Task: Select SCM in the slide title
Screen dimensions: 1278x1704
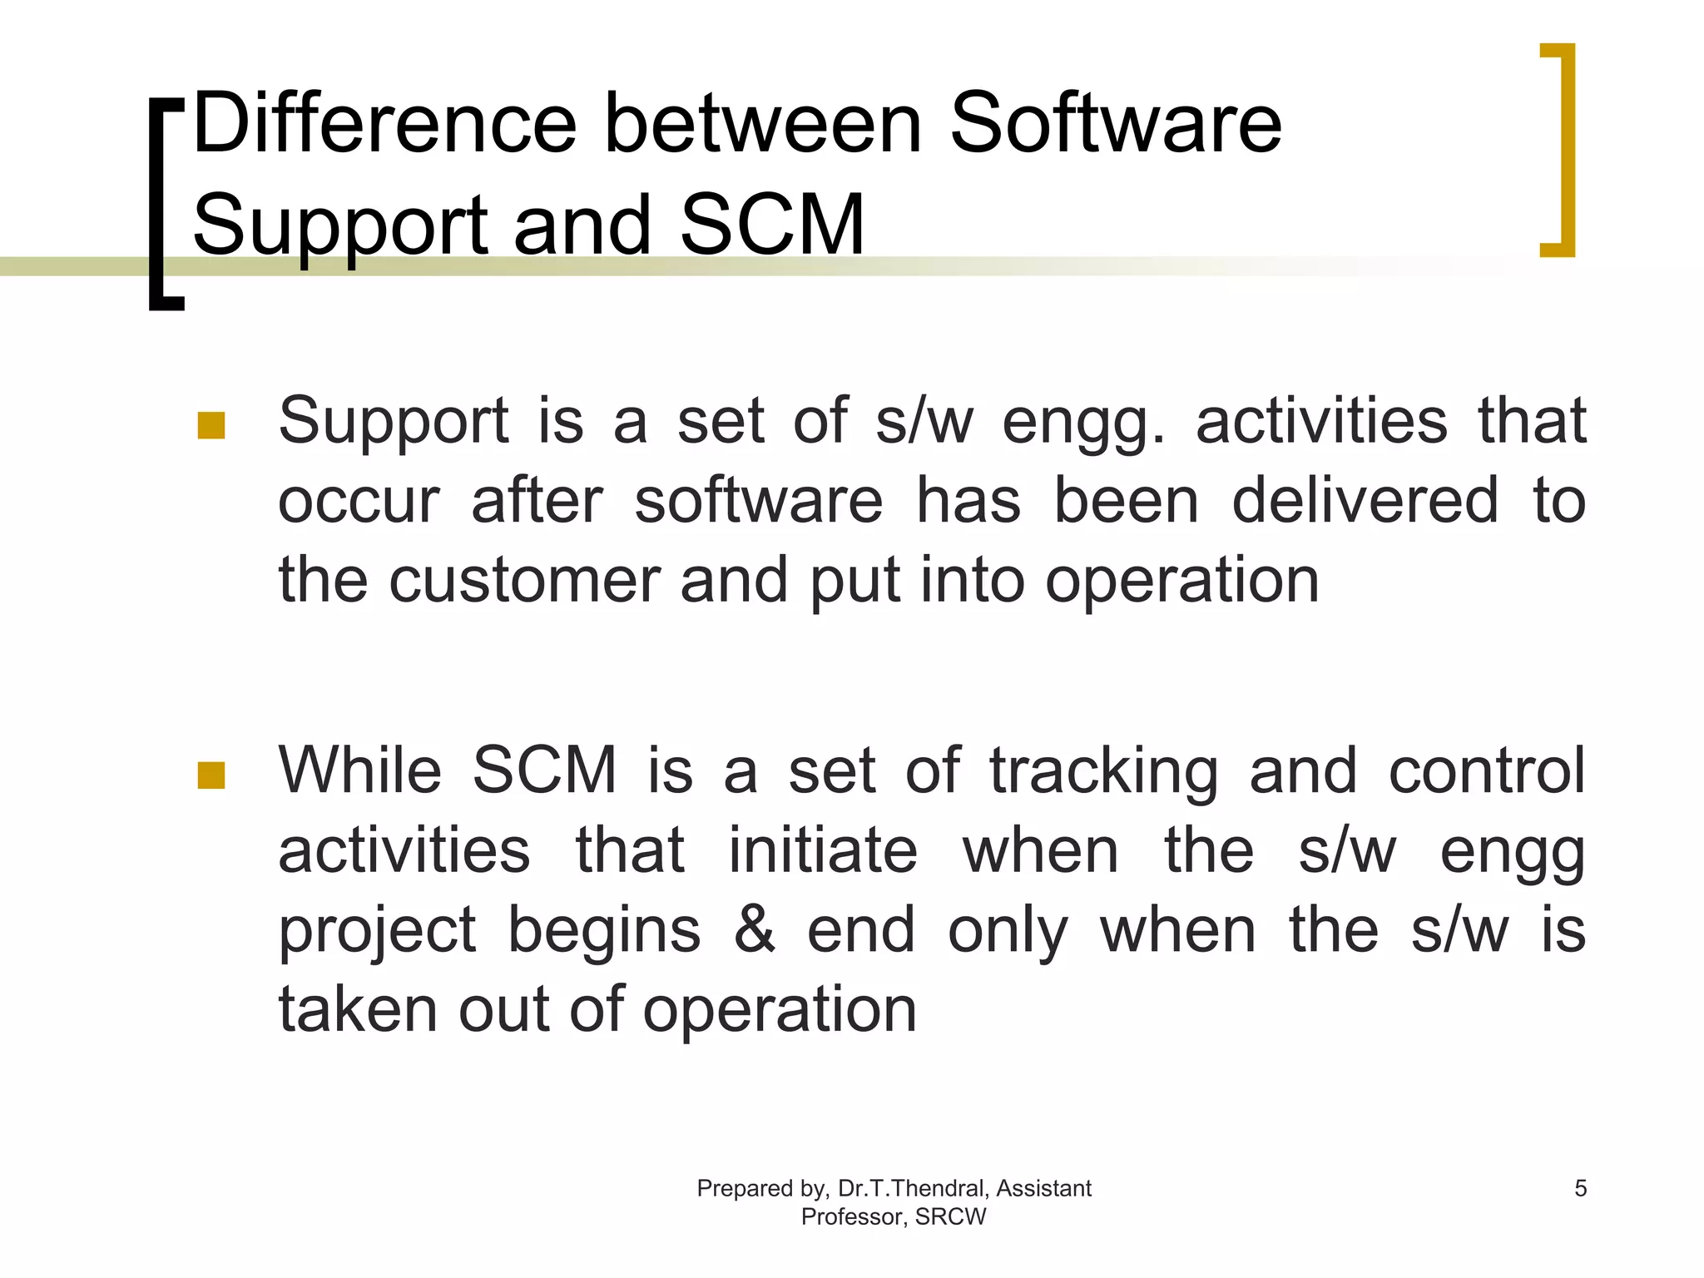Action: pyautogui.click(x=772, y=225)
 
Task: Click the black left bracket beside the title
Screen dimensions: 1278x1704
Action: pyautogui.click(x=158, y=204)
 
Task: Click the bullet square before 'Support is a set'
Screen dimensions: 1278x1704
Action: pyautogui.click(x=211, y=425)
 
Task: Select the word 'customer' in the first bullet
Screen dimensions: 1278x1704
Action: pyautogui.click(x=524, y=580)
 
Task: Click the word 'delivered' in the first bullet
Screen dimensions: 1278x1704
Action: pyautogui.click(x=1365, y=501)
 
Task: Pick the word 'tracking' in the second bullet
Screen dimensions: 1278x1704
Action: pyautogui.click(x=1103, y=771)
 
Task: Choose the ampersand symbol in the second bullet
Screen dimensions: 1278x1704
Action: pyautogui.click(x=754, y=930)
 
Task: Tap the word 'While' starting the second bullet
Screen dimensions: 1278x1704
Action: pyautogui.click(x=359, y=770)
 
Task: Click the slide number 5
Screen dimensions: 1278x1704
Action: pyautogui.click(x=1581, y=1188)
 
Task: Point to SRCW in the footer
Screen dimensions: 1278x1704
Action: pyautogui.click(x=950, y=1216)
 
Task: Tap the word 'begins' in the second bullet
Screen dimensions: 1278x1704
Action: pyautogui.click(x=604, y=930)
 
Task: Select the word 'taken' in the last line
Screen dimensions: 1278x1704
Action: pyautogui.click(x=357, y=1009)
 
